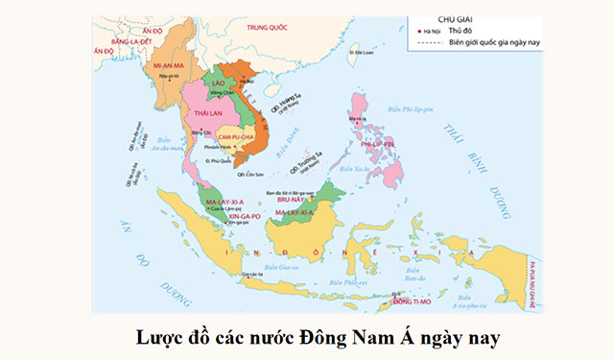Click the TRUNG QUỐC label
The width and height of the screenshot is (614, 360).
pos(266,28)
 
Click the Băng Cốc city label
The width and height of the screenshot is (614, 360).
pos(201,132)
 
